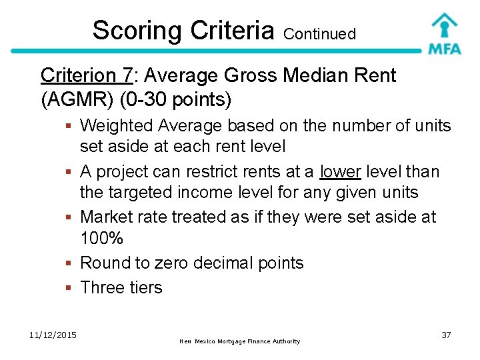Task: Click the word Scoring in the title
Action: pos(137,31)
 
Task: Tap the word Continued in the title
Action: pos(319,33)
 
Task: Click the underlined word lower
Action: pos(340,172)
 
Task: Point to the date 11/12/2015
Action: pos(53,335)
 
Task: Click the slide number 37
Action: pos(446,335)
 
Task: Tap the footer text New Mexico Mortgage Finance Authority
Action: pos(239,341)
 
